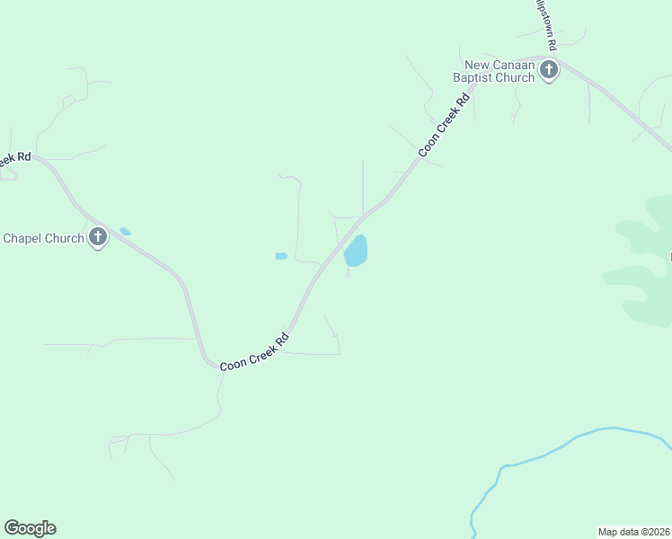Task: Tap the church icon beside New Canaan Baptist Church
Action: pyautogui.click(x=549, y=70)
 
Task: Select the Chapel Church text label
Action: pyautogui.click(x=43, y=238)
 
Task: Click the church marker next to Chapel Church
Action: pyautogui.click(x=98, y=238)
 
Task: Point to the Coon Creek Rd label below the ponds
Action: pyautogui.click(x=256, y=351)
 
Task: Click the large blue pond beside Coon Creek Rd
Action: pyautogui.click(x=357, y=251)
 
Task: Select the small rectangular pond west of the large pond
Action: pyautogui.click(x=281, y=257)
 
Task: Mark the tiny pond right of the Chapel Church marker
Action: pyautogui.click(x=125, y=232)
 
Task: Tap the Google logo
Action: pyautogui.click(x=30, y=528)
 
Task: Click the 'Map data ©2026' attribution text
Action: pyautogui.click(x=633, y=531)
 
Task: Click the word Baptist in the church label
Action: pyautogui.click(x=473, y=77)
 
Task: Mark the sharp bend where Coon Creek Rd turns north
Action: pyautogui.click(x=209, y=362)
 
